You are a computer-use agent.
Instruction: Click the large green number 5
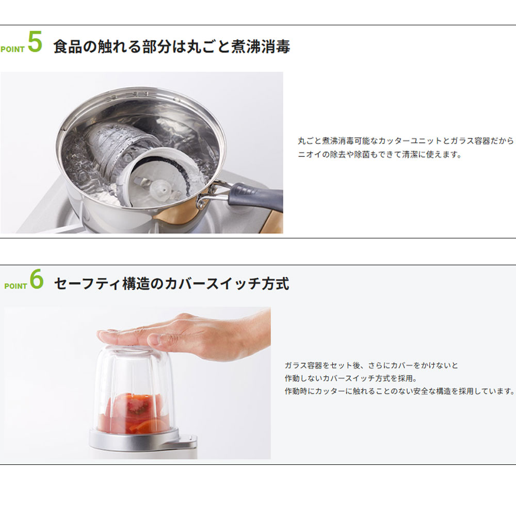tap(35, 42)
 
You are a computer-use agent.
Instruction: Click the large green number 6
tap(37, 279)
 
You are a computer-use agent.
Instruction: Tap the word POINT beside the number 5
tap(12, 50)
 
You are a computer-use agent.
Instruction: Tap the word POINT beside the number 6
tap(15, 286)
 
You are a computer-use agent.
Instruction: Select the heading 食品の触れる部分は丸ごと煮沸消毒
tap(171, 46)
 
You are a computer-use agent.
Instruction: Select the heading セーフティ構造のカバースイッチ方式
tap(171, 284)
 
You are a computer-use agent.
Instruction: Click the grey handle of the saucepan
tap(255, 197)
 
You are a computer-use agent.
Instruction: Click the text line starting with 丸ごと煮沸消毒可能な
tap(406, 141)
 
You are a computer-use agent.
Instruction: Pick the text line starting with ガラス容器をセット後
tap(371, 365)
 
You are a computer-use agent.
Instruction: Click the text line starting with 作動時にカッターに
tap(399, 391)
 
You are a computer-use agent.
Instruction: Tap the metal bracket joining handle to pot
tap(212, 195)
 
